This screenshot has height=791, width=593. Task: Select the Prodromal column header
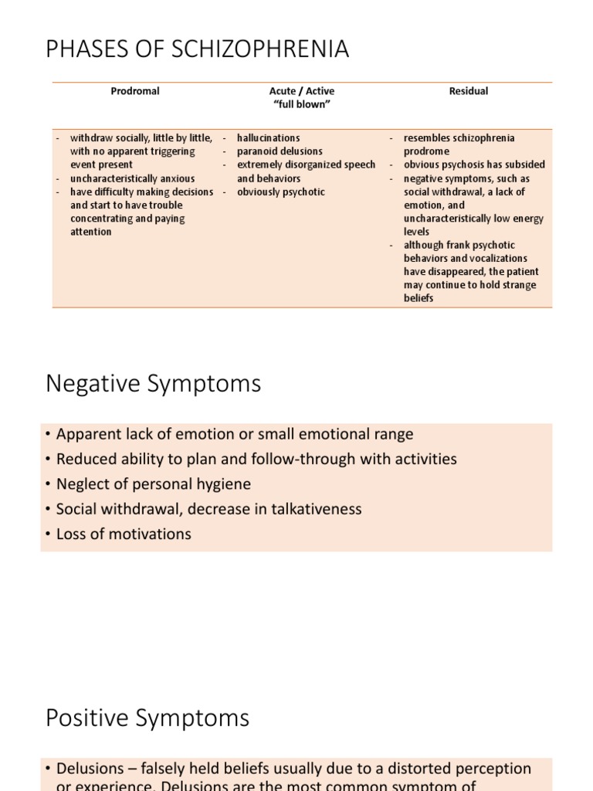[135, 91]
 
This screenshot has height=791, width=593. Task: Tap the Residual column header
[469, 91]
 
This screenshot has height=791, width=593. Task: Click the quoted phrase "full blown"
[302, 105]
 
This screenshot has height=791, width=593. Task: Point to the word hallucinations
[269, 138]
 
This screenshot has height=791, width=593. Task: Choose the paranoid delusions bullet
[280, 151]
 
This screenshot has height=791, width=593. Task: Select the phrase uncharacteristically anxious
[132, 178]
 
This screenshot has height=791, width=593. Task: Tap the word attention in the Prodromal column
[91, 232]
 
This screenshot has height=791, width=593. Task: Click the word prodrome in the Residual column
[426, 151]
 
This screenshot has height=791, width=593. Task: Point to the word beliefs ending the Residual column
[418, 298]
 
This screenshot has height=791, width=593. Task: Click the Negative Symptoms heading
[154, 384]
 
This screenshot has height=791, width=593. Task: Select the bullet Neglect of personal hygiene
[154, 484]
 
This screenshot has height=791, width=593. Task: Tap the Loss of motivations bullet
[124, 534]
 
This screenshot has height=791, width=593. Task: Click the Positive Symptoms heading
[147, 718]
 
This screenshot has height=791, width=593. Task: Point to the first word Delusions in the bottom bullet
[90, 769]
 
